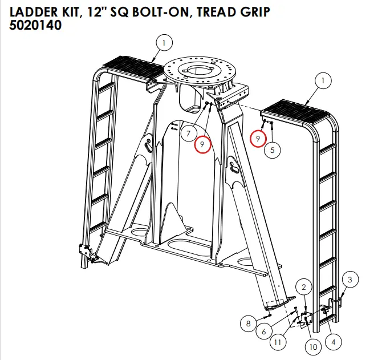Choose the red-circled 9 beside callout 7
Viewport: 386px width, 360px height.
pos(202,144)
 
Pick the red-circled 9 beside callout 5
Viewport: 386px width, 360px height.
pos(258,138)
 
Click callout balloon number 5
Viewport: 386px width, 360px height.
pos(273,151)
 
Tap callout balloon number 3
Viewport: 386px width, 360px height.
pos(350,279)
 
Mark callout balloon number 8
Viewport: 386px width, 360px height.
pos(249,324)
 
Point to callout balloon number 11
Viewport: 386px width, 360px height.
pos(278,343)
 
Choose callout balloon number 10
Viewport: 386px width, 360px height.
pos(312,346)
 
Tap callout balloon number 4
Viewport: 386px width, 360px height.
pos(332,343)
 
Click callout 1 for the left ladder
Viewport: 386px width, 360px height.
pos(164,42)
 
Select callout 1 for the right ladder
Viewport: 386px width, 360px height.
pos(323,82)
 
